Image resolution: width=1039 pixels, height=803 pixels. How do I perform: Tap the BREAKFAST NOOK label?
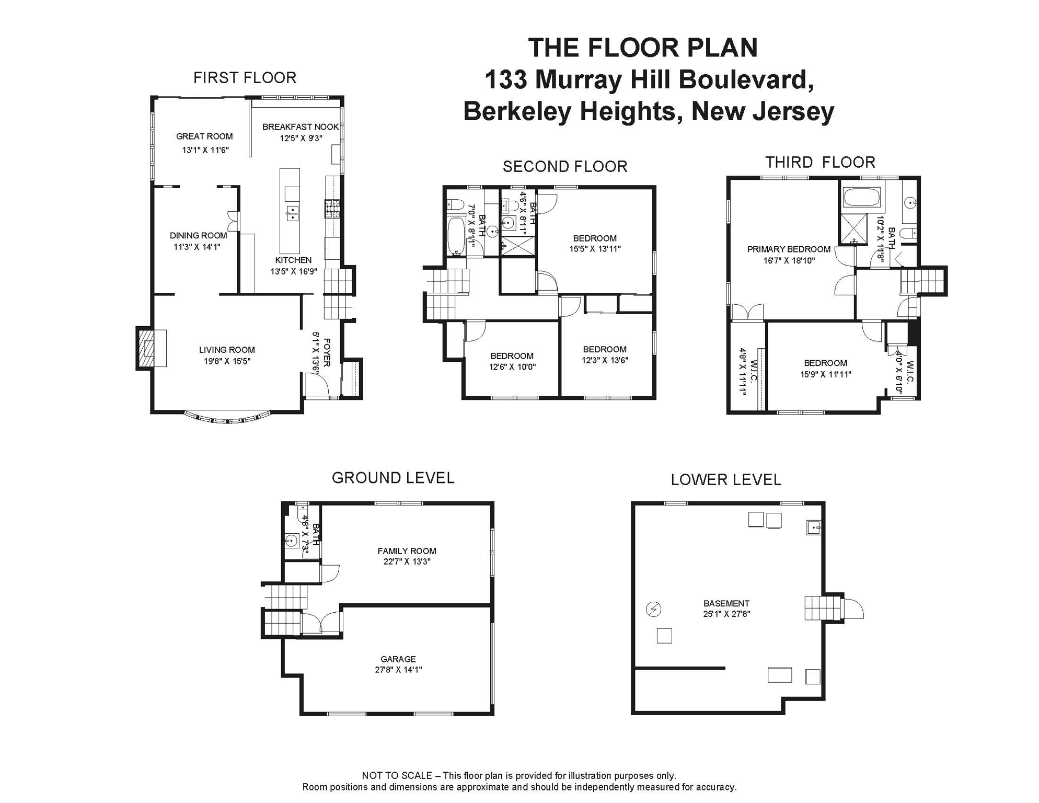(300, 127)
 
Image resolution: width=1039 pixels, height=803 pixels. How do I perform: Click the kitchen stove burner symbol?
(332, 208)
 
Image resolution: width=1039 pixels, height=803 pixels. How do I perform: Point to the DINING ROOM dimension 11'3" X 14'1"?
(197, 247)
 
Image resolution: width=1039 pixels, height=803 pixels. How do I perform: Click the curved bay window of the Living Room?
(228, 419)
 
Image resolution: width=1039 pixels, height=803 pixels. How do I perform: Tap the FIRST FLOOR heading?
(245, 78)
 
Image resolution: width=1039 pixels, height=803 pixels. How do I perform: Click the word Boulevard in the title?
(746, 80)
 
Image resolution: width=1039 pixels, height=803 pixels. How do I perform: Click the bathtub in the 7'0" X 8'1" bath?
(456, 236)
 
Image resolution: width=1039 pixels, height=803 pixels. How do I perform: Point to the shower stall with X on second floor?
(518, 246)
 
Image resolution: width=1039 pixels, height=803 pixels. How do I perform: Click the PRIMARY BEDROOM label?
(788, 249)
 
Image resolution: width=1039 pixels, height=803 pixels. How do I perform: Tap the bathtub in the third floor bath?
(862, 198)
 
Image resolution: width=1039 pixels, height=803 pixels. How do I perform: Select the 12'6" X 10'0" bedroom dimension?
(512, 367)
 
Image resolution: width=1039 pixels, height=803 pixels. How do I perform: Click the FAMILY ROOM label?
(407, 551)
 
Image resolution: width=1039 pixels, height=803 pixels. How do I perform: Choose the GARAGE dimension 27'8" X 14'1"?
(398, 670)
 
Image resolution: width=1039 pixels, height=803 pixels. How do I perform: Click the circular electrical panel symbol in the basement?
(653, 609)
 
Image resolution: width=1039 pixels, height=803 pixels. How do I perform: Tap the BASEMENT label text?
(726, 603)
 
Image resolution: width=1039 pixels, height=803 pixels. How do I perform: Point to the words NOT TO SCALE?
(397, 776)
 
